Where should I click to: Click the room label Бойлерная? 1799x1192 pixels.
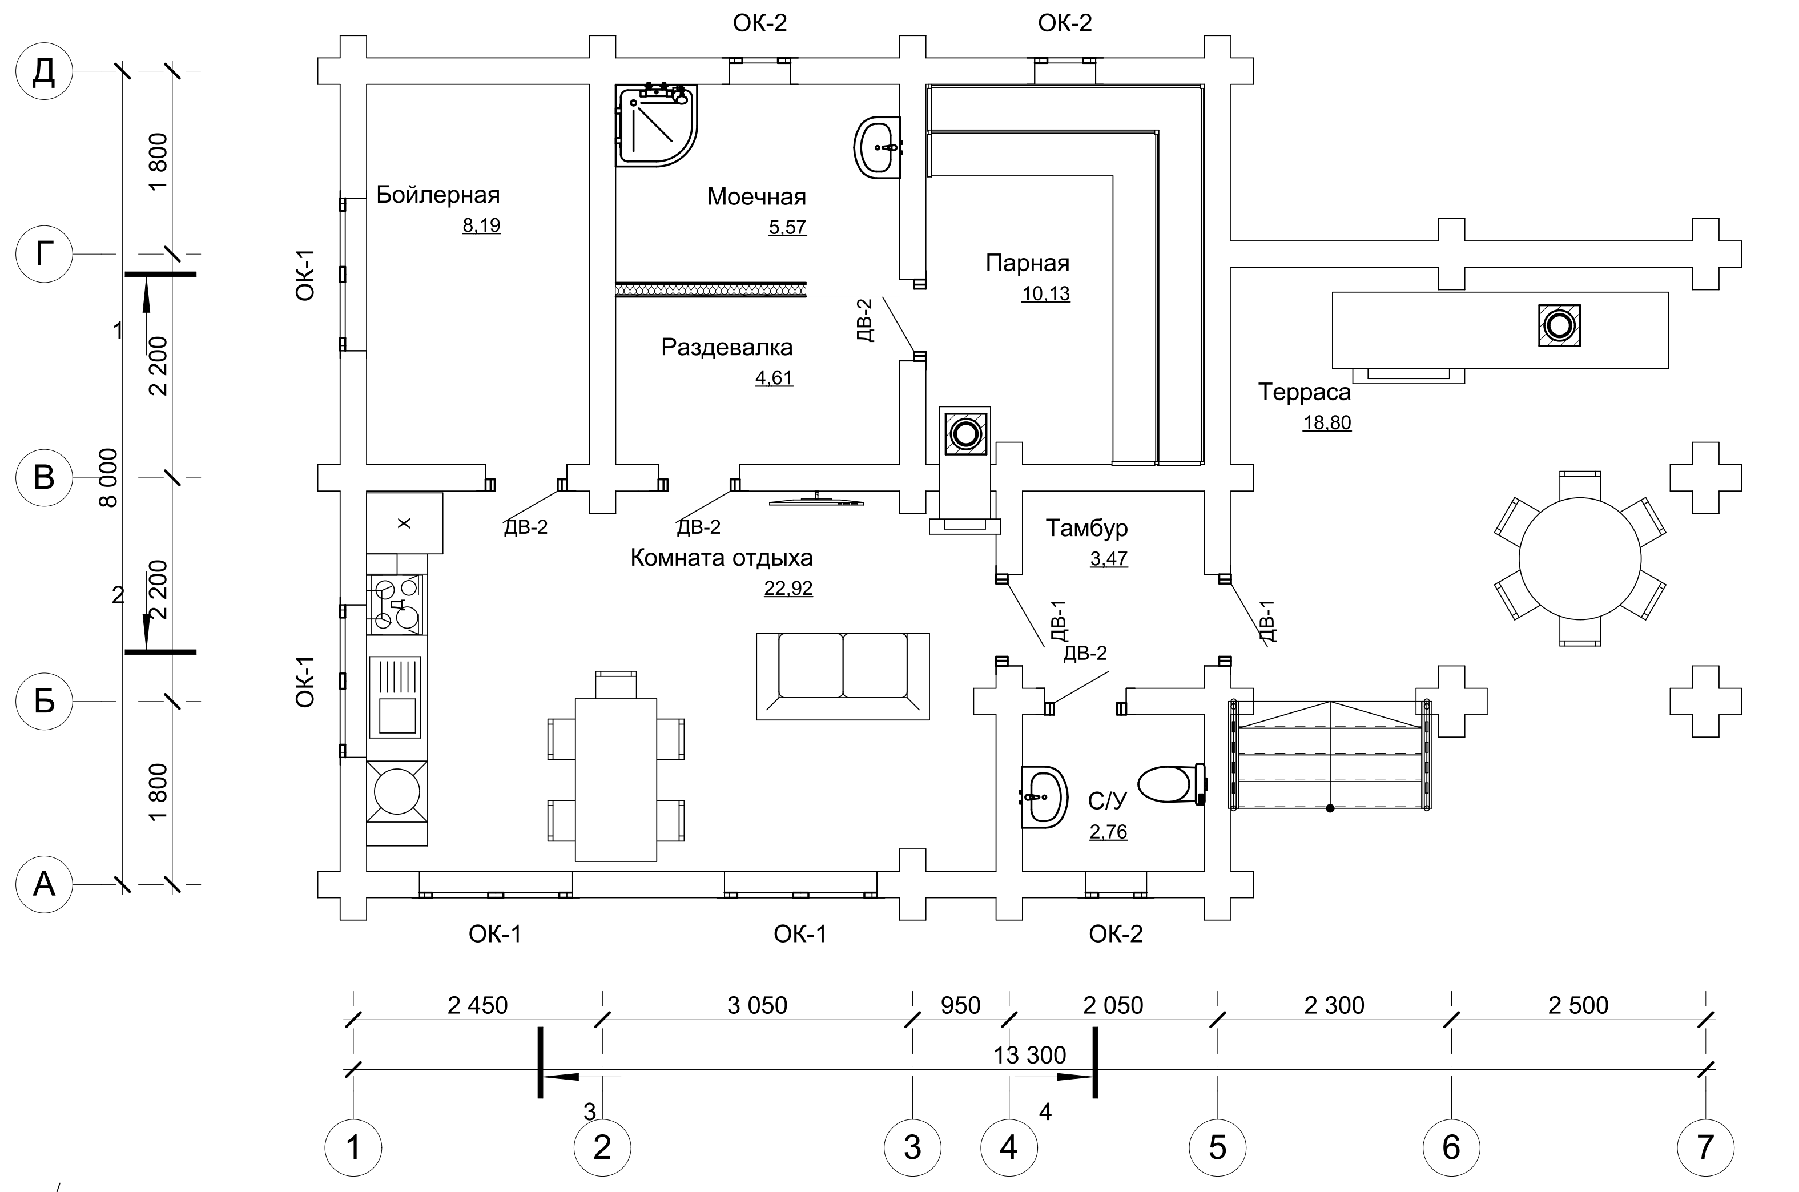438,195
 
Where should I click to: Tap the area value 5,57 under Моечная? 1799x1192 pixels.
787,227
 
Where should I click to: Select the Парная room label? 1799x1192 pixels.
1027,263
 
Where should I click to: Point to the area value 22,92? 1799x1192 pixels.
788,587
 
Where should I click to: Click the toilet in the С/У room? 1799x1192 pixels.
1171,784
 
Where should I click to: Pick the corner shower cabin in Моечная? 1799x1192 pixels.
656,126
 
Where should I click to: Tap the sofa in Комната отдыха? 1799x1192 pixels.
842,676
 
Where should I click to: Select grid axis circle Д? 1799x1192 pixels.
44,71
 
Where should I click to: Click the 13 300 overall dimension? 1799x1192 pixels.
1030,1055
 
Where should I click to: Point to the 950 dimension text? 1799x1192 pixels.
961,1005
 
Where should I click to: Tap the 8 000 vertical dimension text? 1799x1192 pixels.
110,477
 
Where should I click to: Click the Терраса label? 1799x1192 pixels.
1304,392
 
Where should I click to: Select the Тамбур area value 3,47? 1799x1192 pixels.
1109,558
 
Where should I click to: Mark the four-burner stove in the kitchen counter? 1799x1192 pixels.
397,605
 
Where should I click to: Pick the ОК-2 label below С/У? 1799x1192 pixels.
1116,933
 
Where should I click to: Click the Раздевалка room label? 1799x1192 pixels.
727,348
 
